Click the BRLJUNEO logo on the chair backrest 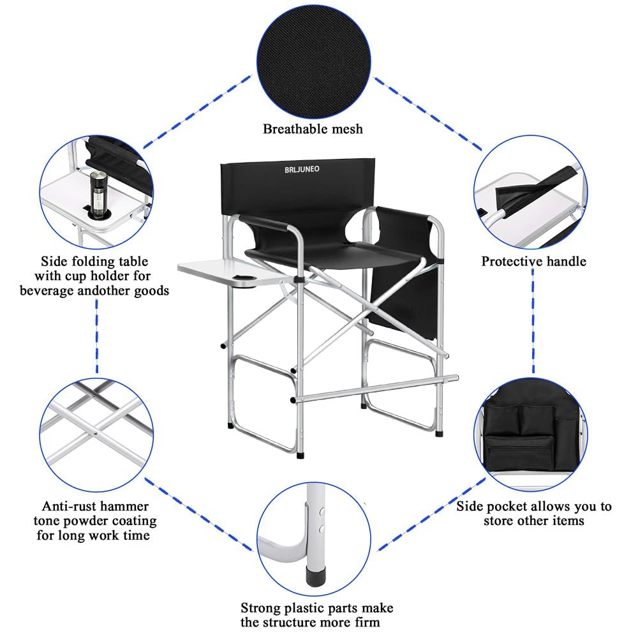[302, 169]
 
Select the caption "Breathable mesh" [313, 129]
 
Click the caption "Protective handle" [534, 261]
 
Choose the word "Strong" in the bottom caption [261, 608]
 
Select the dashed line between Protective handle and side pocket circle [533, 321]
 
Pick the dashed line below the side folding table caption [97, 336]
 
